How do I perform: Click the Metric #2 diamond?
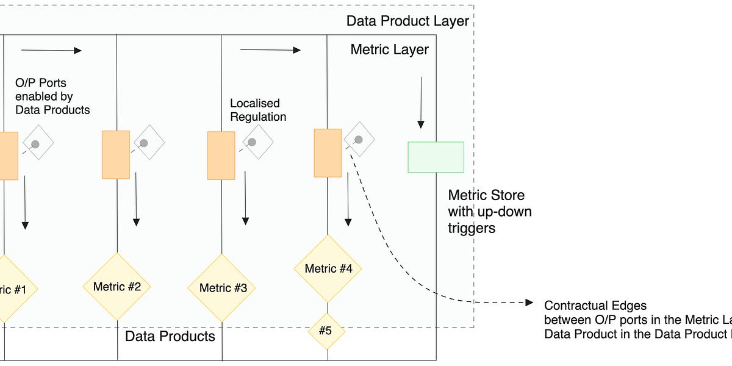click(117, 286)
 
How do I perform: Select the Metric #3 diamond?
click(222, 288)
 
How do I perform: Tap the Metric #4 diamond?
click(328, 268)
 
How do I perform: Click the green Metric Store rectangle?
click(436, 157)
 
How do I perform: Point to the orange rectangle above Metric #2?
click(115, 154)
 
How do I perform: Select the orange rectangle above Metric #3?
click(221, 156)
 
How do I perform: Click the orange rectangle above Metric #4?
click(328, 153)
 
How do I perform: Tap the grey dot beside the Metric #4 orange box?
click(359, 140)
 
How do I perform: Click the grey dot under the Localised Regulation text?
click(251, 142)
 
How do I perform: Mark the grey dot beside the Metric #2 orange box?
click(144, 143)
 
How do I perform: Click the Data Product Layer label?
click(407, 21)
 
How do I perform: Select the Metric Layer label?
click(389, 50)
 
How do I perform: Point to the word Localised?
click(254, 104)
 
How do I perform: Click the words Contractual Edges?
click(595, 306)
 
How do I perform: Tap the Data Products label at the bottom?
click(170, 336)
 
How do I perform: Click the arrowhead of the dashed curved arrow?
click(529, 303)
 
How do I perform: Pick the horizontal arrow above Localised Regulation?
click(271, 50)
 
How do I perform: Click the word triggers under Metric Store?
click(471, 228)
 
